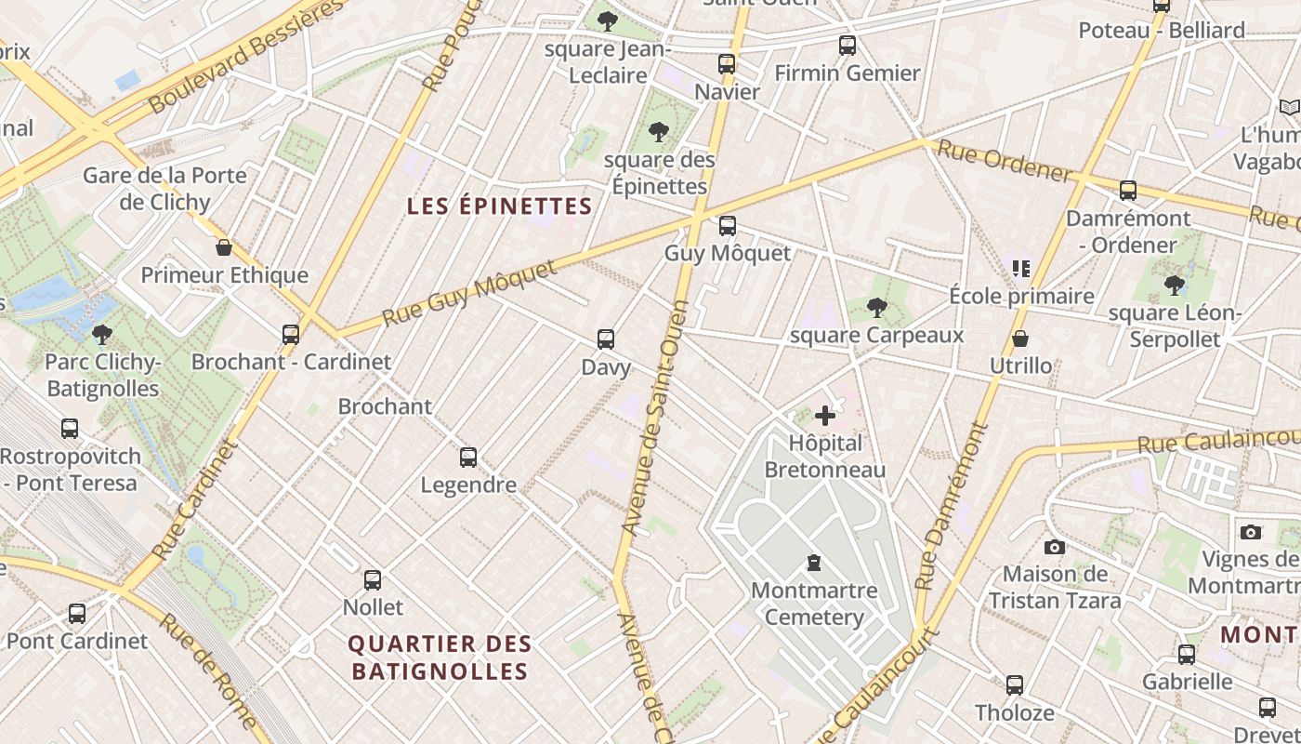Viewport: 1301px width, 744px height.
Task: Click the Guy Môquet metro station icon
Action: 728,226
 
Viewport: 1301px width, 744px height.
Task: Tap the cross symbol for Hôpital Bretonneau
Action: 824,416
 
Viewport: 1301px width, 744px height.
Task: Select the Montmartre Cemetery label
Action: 814,604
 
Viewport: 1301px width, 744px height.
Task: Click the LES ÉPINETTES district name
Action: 500,206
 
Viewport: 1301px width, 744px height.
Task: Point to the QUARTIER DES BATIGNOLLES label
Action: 440,658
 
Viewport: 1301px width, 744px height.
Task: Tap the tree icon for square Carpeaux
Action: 875,308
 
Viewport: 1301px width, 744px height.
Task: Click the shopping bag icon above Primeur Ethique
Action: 224,247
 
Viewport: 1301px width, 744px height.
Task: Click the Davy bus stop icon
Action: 606,339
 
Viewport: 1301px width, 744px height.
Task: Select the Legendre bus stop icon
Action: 468,458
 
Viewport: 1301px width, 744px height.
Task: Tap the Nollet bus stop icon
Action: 373,580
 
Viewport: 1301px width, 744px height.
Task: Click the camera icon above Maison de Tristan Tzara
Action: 1054,547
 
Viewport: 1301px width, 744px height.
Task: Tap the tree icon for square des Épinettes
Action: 659,132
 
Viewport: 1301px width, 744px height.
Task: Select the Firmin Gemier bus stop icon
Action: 847,46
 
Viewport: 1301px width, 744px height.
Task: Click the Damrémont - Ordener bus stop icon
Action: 1128,191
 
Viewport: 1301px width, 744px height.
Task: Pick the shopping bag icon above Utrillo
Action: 1020,339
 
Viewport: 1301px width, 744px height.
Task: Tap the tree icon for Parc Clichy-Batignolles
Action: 102,334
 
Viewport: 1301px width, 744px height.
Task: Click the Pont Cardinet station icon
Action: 77,614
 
